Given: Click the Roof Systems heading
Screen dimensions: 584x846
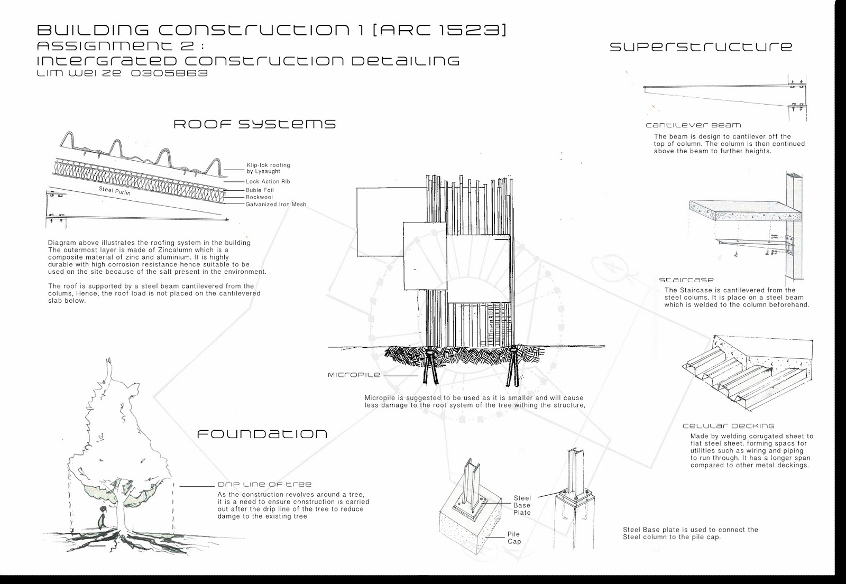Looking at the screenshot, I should tap(255, 124).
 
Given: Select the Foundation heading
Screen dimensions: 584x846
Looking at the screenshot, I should tap(262, 434).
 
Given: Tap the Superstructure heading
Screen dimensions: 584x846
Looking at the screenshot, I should tap(701, 47).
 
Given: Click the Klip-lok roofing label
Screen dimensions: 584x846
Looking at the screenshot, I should tap(268, 168).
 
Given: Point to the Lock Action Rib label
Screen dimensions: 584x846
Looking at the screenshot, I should tap(268, 182).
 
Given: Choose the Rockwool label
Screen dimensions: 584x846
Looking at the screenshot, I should tap(259, 197).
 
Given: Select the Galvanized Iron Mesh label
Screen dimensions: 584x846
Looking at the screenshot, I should tap(275, 205).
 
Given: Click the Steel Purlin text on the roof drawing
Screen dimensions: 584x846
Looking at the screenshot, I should tap(114, 191).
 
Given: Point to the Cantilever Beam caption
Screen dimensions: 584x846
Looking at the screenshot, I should tap(693, 125).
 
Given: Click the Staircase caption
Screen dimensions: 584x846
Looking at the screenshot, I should tap(686, 280).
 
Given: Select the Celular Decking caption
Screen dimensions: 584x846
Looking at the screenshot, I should tap(728, 426).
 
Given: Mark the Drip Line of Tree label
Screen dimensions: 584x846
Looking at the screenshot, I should tap(264, 484).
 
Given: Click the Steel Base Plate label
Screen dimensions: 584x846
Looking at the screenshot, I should tap(522, 505).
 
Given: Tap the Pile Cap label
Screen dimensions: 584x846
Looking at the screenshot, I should tap(514, 538).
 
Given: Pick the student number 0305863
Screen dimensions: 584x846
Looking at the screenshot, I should tap(169, 73).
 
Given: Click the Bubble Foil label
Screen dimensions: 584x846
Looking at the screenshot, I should tap(260, 190).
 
